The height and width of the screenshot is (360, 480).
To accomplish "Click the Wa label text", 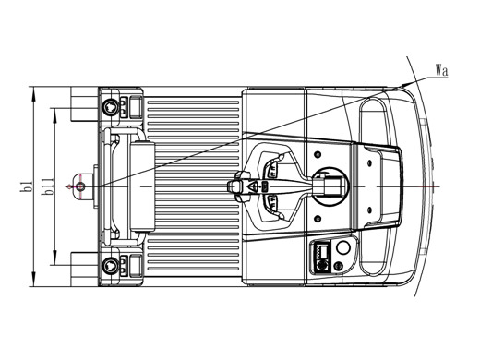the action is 442,70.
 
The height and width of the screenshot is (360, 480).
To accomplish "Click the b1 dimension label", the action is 27,186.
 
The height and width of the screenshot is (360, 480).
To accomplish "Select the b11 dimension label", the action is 48,186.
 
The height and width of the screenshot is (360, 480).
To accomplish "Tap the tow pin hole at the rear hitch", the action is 80,186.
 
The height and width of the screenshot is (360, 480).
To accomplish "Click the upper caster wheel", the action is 110,107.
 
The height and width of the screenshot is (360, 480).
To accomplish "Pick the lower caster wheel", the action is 110,266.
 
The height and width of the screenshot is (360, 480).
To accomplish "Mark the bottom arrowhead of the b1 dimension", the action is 34,280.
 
